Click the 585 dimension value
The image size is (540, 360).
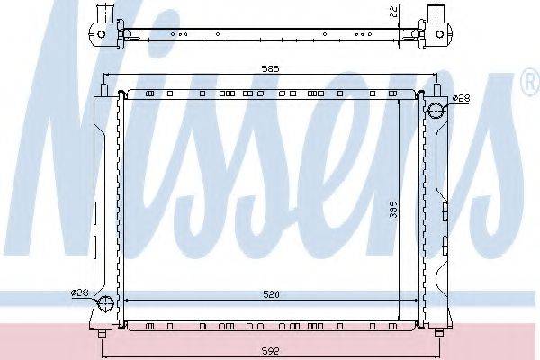tap(270, 69)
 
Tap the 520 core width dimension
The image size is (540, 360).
tap(272, 294)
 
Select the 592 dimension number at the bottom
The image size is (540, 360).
tap(271, 351)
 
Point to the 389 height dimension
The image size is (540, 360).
tap(393, 210)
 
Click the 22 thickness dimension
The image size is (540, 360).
tap(394, 12)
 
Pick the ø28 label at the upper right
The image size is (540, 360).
tap(461, 98)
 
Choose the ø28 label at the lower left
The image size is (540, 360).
tap(79, 292)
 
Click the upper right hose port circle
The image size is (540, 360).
tap(436, 111)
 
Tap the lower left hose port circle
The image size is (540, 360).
tap(105, 303)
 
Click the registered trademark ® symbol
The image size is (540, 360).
tap(531, 82)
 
